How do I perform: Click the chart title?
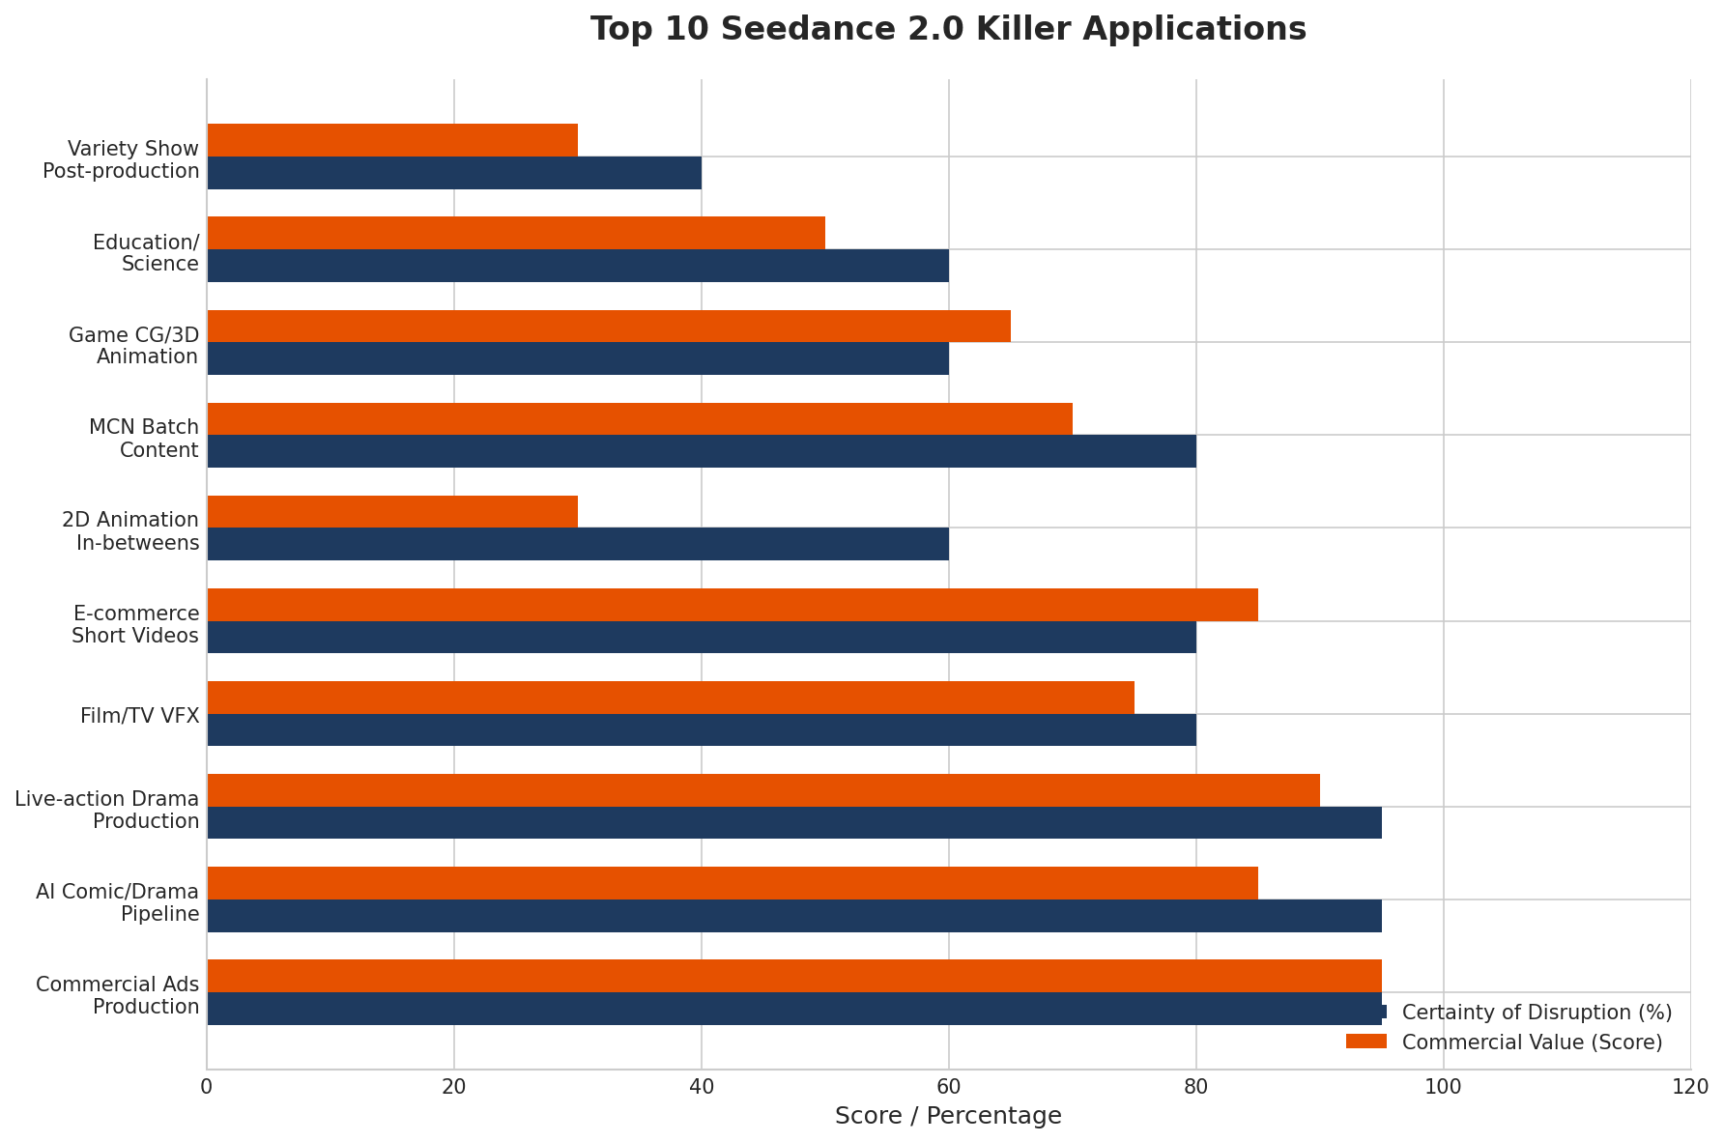click(x=948, y=29)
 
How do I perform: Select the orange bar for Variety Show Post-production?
click(x=392, y=140)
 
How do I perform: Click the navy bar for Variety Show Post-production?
click(x=454, y=173)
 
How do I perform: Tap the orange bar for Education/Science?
click(x=516, y=233)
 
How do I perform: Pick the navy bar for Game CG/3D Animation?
click(x=578, y=358)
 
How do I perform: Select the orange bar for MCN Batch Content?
click(x=640, y=418)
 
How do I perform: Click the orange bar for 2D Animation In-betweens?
click(x=392, y=511)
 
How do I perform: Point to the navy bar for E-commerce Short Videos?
click(x=702, y=637)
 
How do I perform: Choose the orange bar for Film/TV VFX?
click(x=671, y=698)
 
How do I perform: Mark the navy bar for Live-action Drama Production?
click(x=794, y=822)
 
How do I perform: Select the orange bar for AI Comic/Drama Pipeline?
click(x=733, y=883)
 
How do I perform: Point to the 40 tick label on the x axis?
click(x=702, y=1087)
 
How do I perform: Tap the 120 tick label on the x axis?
click(x=1690, y=1087)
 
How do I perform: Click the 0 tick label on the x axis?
click(x=207, y=1087)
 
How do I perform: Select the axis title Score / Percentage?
click(x=948, y=1116)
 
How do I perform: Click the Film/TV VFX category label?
click(x=140, y=716)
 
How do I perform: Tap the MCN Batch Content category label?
click(x=144, y=439)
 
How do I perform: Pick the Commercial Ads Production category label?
click(x=118, y=995)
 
